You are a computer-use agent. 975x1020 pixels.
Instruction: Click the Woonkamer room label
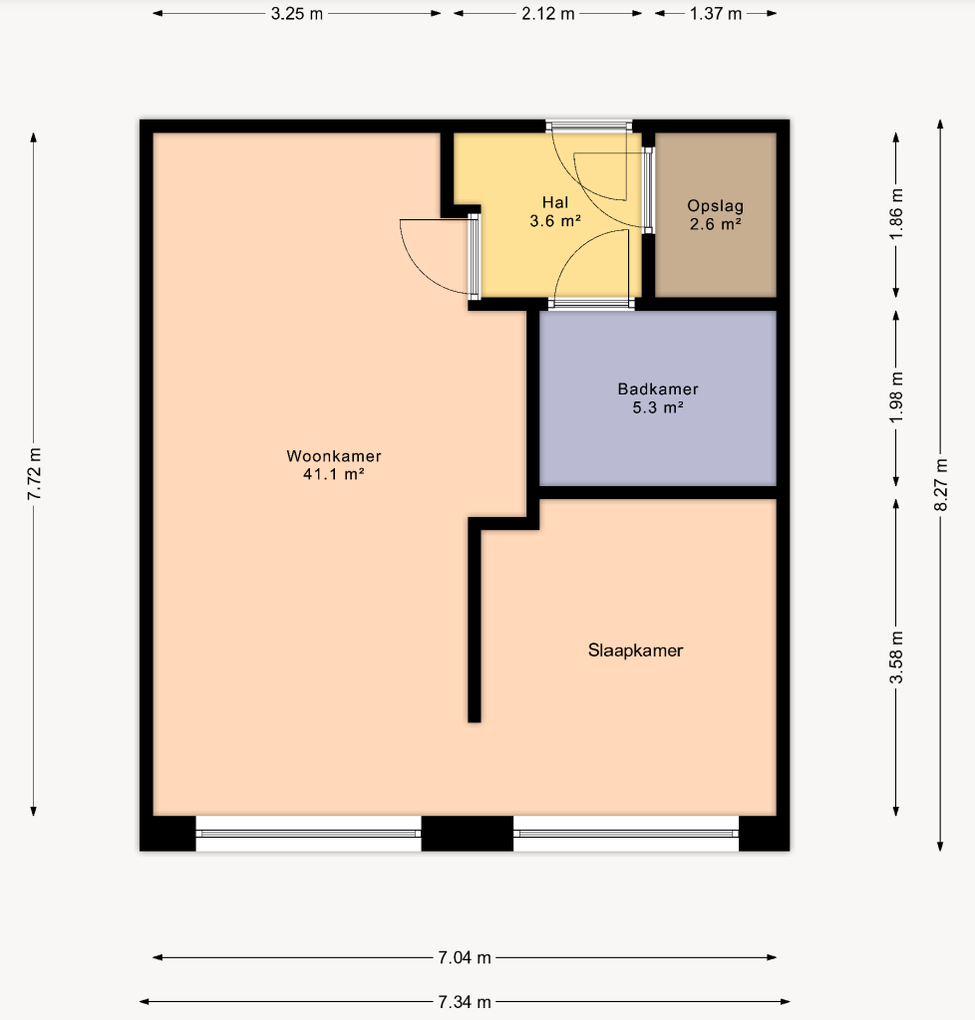(334, 456)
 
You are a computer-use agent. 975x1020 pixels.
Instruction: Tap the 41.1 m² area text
(333, 474)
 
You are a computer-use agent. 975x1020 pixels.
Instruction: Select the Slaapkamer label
(636, 650)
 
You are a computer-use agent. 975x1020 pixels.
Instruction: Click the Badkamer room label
(658, 389)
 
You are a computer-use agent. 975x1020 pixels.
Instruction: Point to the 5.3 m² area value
(658, 407)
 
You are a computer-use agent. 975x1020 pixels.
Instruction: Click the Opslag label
(716, 206)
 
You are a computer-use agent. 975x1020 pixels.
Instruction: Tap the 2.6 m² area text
(716, 224)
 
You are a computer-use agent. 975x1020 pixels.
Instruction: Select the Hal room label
(555, 202)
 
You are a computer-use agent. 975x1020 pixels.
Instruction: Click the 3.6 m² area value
(555, 221)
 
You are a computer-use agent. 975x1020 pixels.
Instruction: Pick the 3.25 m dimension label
(297, 14)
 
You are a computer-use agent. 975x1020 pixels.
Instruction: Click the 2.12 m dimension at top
(548, 14)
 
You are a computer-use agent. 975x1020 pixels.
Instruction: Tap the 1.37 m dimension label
(716, 14)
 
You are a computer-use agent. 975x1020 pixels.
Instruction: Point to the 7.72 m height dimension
(34, 474)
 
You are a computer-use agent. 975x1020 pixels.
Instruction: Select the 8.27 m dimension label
(940, 485)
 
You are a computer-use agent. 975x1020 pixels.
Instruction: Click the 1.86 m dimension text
(896, 214)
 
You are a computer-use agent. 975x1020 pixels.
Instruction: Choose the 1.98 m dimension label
(896, 397)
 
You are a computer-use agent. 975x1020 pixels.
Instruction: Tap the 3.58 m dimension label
(896, 657)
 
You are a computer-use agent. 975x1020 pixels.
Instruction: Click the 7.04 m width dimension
(464, 957)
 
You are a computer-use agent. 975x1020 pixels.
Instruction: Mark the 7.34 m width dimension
(464, 1002)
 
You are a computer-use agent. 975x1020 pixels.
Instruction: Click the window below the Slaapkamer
(626, 834)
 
